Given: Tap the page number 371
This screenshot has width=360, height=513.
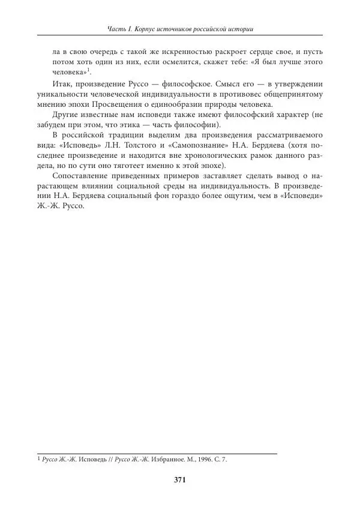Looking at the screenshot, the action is tap(180, 479).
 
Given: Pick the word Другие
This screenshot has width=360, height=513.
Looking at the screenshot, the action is tap(65, 115).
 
